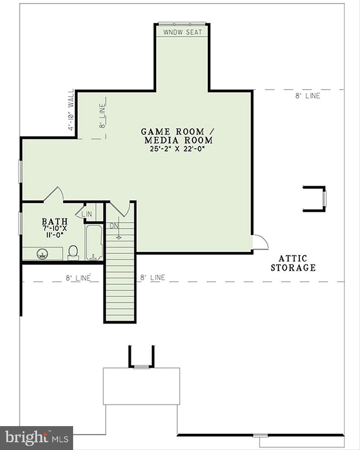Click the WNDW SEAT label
pos(183,32)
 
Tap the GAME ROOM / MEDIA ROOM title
pos(177,136)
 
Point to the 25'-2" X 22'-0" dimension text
pos(177,149)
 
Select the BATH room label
pos(54,221)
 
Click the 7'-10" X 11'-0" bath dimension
pos(54,232)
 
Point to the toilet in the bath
pos(73,252)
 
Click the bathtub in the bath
pos(94,242)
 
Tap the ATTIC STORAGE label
pos(293,263)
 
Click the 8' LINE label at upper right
pos(307,96)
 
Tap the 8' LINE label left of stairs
pos(78,278)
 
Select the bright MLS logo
pos(36,438)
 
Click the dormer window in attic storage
pos(324,199)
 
